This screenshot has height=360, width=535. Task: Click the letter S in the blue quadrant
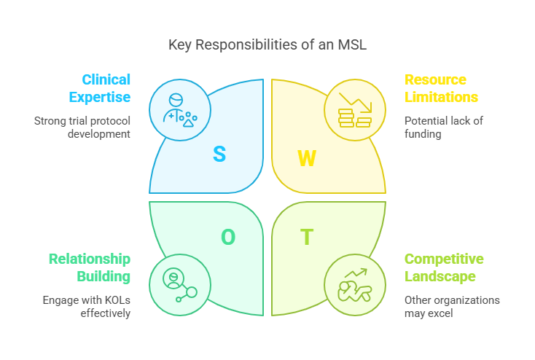pyautogui.click(x=219, y=154)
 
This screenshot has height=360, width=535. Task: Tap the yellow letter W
pyautogui.click(x=307, y=159)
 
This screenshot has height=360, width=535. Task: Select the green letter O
pyautogui.click(x=228, y=237)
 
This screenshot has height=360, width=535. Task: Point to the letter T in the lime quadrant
pyautogui.click(x=307, y=237)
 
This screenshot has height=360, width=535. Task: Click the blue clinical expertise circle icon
pyautogui.click(x=180, y=110)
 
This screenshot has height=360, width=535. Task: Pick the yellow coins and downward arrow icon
pyautogui.click(x=355, y=110)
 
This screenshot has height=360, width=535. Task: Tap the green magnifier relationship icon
pyautogui.click(x=180, y=284)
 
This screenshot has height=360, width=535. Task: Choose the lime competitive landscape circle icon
pyautogui.click(x=355, y=284)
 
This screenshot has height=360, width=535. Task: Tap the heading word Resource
pyautogui.click(x=435, y=79)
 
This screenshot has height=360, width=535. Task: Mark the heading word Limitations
pyautogui.click(x=442, y=97)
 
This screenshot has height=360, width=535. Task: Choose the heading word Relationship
pyautogui.click(x=90, y=259)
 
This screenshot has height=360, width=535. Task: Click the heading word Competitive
pyautogui.click(x=444, y=259)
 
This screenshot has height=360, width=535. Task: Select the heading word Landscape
pyautogui.click(x=440, y=276)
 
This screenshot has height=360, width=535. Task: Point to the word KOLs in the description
pyautogui.click(x=111, y=300)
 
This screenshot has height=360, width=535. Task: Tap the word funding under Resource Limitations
pyautogui.click(x=423, y=134)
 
